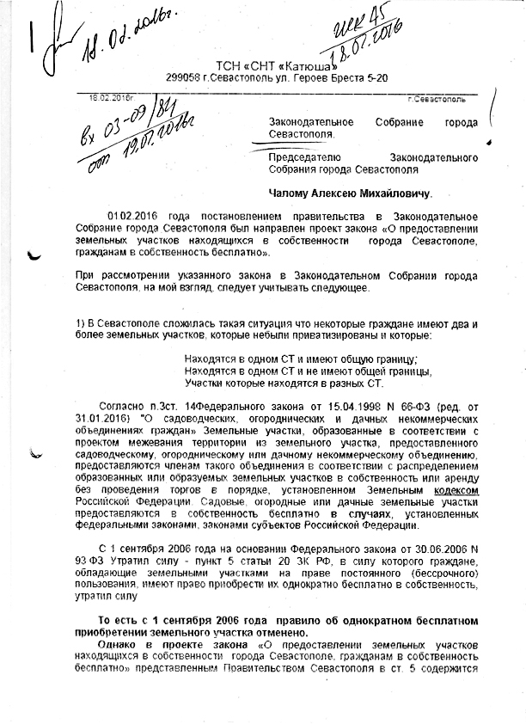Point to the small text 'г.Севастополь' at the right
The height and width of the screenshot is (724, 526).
pos(436,100)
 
